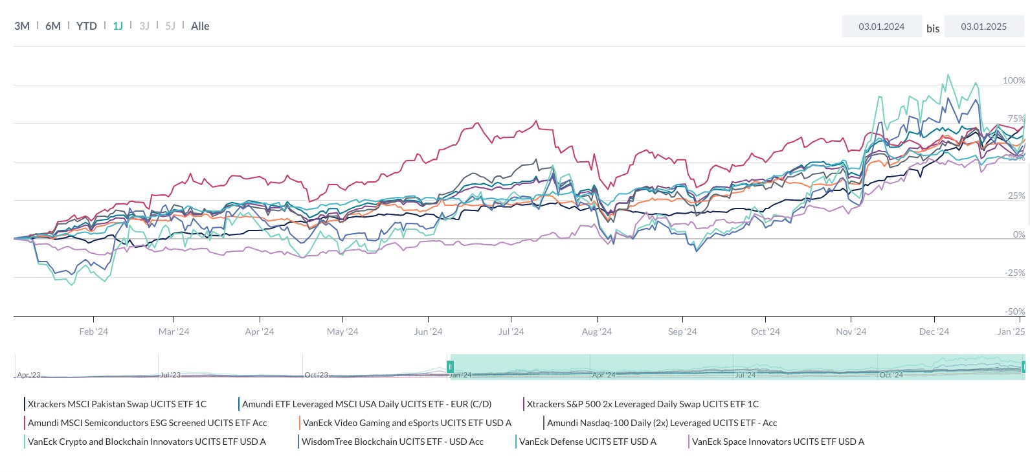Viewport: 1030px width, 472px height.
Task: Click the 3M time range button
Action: (22, 26)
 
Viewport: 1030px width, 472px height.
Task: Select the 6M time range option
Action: (53, 26)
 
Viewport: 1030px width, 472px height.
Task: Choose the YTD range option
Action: (87, 26)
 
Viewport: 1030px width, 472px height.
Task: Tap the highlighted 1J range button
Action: (118, 26)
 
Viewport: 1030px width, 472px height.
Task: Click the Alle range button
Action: (200, 26)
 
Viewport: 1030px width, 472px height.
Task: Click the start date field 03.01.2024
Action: (881, 27)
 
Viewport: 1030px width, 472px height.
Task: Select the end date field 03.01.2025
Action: (983, 27)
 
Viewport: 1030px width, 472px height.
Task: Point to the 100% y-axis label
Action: (1014, 80)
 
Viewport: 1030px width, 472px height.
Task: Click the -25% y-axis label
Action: (1014, 273)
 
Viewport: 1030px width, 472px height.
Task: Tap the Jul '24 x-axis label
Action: (511, 332)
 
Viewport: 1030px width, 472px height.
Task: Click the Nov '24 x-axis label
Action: (851, 332)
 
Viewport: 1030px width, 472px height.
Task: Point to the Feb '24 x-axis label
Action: (94, 332)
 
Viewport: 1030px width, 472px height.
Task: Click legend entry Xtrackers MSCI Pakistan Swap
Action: (117, 404)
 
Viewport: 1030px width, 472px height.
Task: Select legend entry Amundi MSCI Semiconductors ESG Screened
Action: (147, 423)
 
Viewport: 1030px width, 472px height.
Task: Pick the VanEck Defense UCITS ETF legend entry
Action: (587, 442)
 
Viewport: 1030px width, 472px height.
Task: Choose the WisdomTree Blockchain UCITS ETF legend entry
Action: (392, 442)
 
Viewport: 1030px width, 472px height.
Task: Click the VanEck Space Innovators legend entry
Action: (778, 442)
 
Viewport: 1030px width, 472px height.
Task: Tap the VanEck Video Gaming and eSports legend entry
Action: (407, 423)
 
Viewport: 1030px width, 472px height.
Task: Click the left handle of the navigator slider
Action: (450, 366)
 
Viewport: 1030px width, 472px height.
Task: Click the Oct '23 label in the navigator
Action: (317, 375)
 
